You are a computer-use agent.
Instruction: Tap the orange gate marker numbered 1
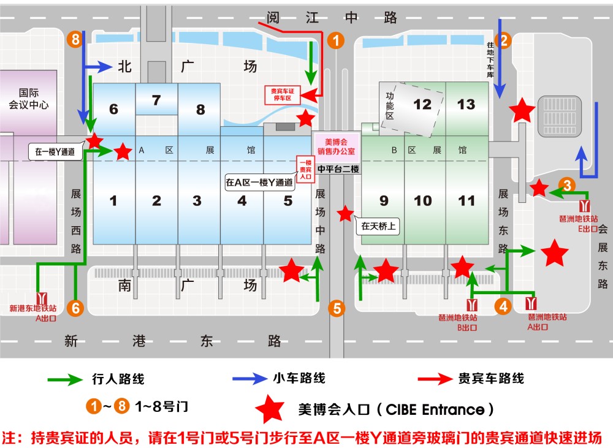coord(336,40)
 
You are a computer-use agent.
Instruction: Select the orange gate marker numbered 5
coord(336,308)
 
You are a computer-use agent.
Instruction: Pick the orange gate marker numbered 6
coord(76,308)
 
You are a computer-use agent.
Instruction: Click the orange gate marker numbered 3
coord(568,185)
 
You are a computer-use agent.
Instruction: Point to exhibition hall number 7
coord(156,100)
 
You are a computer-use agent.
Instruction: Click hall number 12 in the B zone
coord(422,104)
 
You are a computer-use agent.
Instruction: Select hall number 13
coord(466,104)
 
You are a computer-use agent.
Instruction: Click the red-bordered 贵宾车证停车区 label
coord(285,94)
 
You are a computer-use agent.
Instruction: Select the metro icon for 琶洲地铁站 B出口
coord(472,305)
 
